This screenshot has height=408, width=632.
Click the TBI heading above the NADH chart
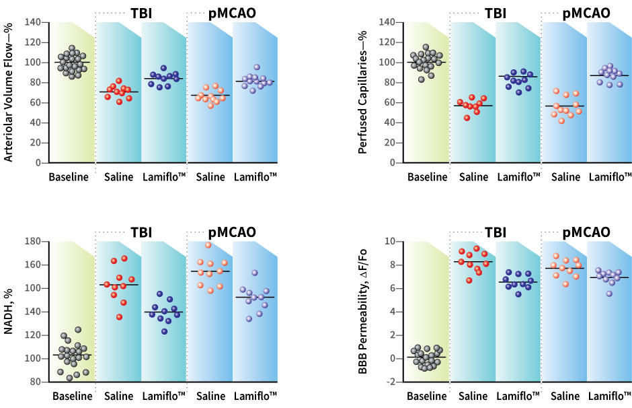141,232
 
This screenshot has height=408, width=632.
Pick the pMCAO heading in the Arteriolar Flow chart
233,13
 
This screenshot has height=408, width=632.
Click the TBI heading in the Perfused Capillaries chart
496,13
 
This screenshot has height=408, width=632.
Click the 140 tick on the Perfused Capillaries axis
386,22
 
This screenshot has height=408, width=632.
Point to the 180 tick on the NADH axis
32,241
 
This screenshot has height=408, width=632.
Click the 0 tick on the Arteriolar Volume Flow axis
40,163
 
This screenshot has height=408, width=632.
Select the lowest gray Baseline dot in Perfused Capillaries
422,79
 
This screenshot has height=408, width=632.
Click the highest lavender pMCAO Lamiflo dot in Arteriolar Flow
256,67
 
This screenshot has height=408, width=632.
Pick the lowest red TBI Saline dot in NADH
119,317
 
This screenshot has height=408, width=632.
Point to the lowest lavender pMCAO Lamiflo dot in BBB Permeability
609,294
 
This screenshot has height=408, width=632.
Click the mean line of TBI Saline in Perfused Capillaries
473,106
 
